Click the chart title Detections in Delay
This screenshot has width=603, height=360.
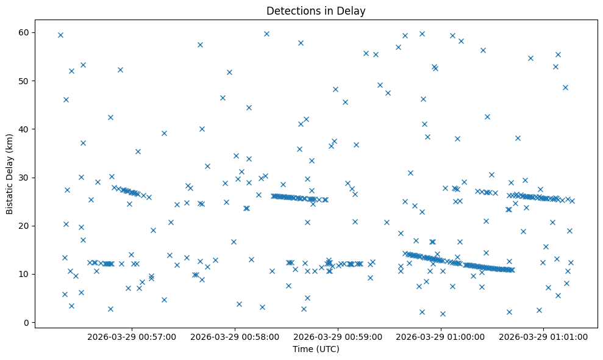316,11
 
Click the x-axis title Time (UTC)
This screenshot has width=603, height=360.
316,350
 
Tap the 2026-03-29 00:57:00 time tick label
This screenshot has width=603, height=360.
132,337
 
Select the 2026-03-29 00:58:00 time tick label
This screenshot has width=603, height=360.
235,337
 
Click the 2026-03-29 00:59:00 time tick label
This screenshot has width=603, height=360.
338,337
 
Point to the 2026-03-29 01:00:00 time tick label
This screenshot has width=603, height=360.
441,337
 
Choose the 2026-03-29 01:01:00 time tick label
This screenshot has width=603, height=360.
544,337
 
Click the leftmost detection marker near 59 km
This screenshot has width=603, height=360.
60,35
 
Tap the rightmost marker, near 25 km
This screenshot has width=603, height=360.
572,201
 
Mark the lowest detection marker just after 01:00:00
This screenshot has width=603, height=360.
443,314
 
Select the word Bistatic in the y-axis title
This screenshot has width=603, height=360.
10,195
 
